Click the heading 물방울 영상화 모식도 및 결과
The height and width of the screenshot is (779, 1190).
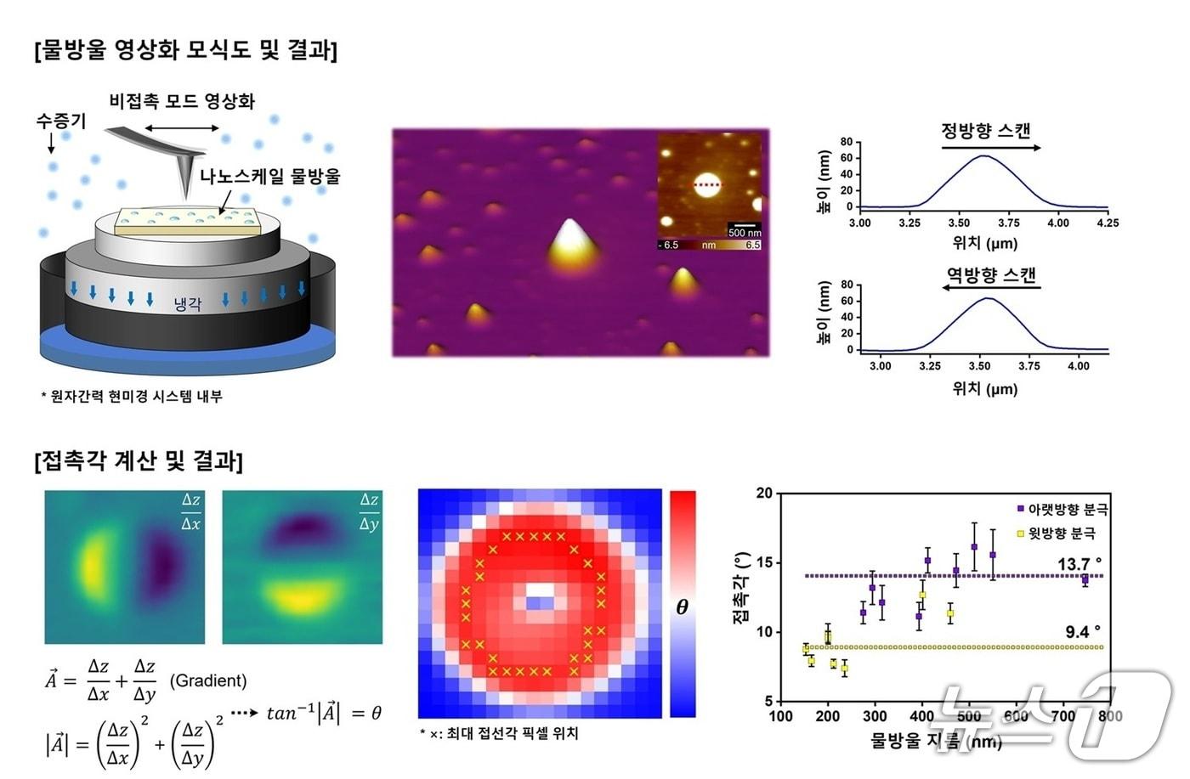click(x=186, y=50)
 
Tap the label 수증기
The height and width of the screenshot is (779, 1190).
click(x=60, y=121)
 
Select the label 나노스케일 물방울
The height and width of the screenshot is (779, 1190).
click(x=270, y=177)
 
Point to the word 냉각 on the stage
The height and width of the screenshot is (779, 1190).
click(x=187, y=303)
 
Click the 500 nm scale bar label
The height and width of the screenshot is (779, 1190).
click(x=744, y=232)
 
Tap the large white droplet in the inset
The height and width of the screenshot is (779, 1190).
click(x=706, y=183)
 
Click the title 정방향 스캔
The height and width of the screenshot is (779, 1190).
click(x=986, y=131)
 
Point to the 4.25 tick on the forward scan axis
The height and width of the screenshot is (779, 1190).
click(x=1108, y=223)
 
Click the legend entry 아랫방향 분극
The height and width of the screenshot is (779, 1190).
click(x=1067, y=510)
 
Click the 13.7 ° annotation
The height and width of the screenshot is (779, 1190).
click(x=1079, y=564)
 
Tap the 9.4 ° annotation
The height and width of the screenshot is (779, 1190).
click(x=1082, y=632)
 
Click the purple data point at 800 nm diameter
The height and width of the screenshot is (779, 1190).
click(x=1085, y=579)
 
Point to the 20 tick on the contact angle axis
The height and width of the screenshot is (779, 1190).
click(x=764, y=494)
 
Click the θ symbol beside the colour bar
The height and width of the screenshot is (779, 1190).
click(x=682, y=607)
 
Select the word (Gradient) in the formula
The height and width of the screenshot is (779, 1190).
click(x=208, y=680)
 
